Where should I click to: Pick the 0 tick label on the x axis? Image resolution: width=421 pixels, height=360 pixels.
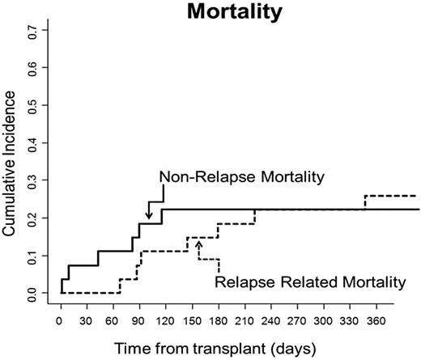click(x=61, y=320)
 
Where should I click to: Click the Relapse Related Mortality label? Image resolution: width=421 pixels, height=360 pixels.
click(x=308, y=282)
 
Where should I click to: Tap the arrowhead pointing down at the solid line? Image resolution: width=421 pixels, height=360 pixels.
click(x=148, y=215)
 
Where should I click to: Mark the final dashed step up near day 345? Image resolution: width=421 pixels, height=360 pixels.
click(x=364, y=202)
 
